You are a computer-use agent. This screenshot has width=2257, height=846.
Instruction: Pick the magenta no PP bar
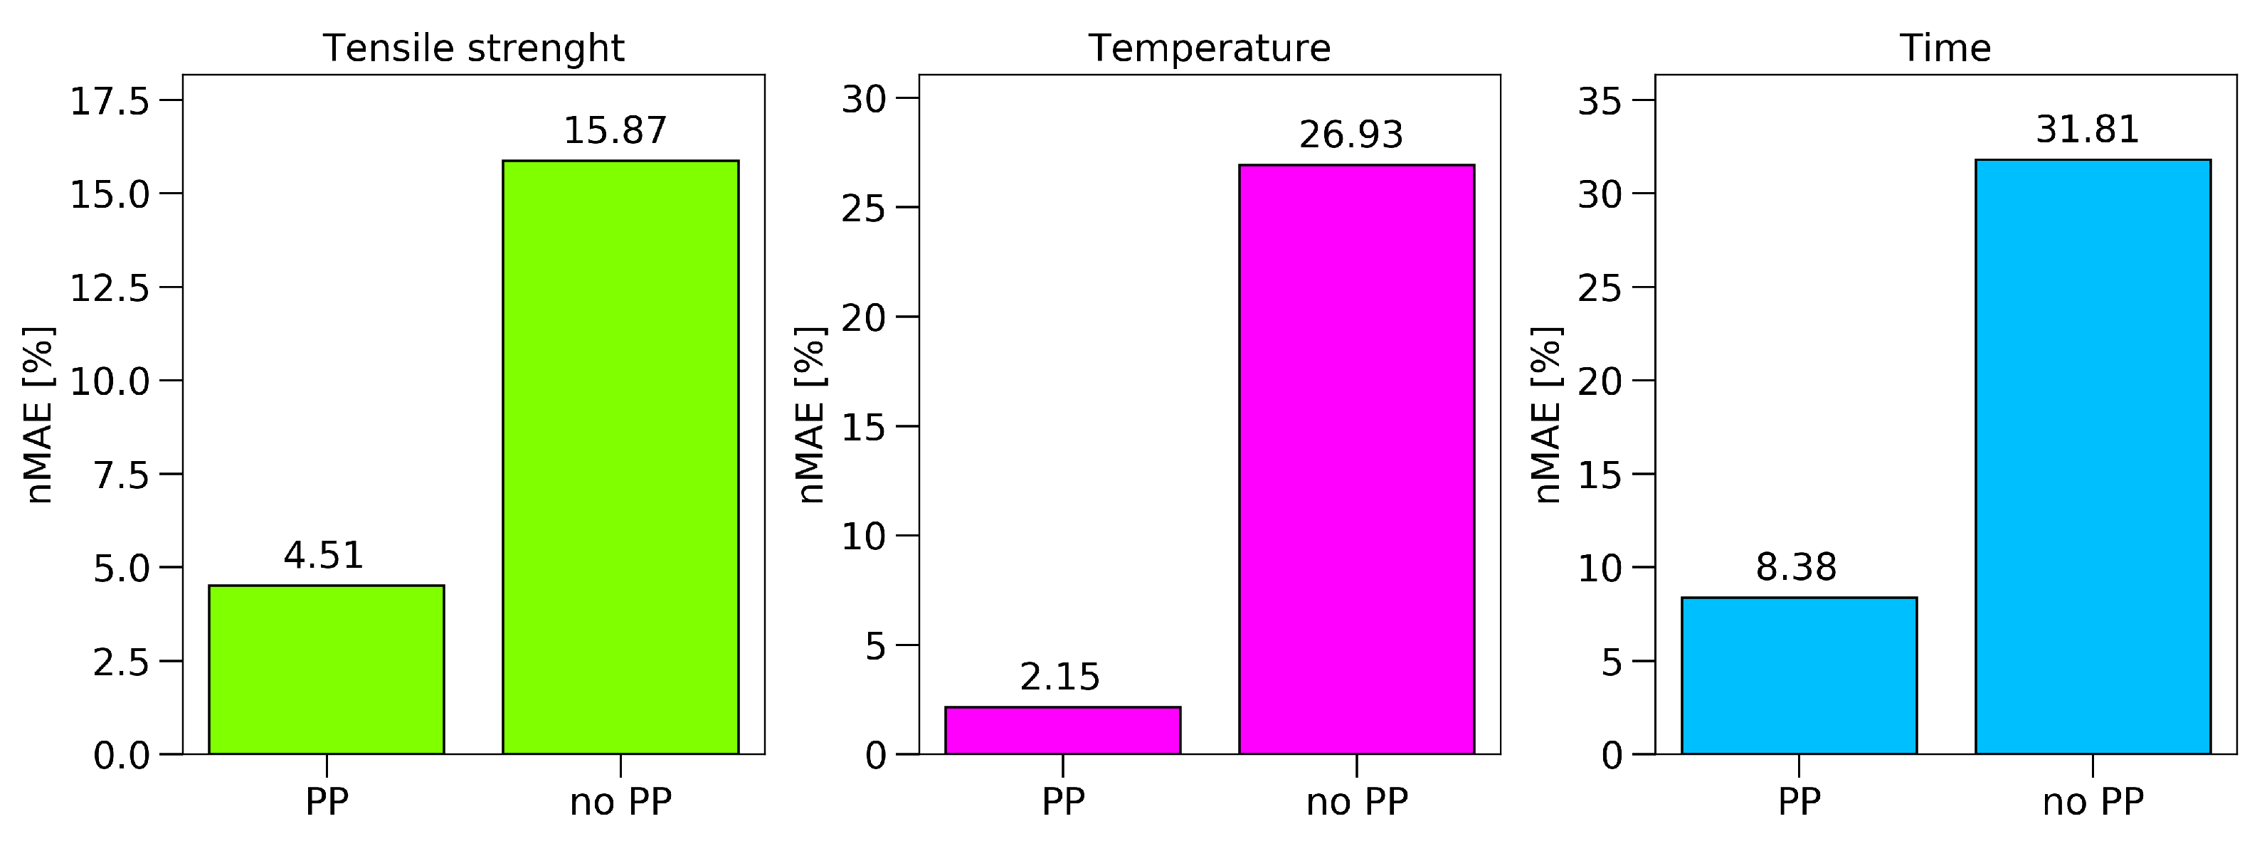(1356, 459)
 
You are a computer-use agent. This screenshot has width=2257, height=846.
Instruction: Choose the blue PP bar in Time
(1799, 675)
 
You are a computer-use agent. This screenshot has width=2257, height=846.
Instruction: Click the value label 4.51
(323, 555)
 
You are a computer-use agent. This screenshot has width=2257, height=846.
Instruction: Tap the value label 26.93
(1351, 135)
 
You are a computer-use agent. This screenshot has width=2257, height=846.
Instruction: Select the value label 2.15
(1059, 677)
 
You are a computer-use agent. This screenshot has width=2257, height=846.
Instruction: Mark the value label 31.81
(2087, 129)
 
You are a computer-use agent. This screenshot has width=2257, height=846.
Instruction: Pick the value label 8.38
(1796, 568)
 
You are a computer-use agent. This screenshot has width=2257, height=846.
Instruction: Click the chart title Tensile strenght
(473, 48)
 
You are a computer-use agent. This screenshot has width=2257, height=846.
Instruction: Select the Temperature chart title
(1209, 48)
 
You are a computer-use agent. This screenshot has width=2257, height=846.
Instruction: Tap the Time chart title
(1945, 48)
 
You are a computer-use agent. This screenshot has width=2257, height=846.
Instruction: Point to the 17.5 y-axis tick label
(110, 102)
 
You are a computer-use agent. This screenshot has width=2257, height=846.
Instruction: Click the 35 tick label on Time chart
(1600, 102)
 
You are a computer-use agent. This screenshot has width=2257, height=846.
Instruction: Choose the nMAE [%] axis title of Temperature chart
(810, 415)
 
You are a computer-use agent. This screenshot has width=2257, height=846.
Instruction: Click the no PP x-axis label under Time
(2093, 801)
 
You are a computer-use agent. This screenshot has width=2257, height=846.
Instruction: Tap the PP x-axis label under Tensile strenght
(326, 801)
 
